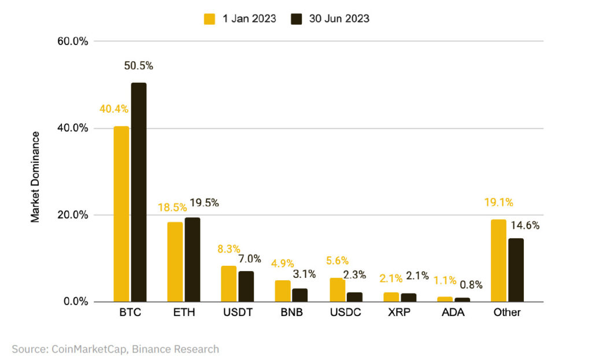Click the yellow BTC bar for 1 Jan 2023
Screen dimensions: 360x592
121,214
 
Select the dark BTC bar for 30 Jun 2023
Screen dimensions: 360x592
138,192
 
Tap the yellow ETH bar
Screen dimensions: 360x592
175,262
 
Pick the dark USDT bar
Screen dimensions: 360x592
246,287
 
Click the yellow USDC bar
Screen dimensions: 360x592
337,290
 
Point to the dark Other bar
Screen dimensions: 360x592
516,270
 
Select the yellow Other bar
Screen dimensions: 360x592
498,261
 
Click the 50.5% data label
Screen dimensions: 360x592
139,66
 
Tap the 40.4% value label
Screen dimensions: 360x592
114,109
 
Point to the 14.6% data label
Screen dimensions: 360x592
525,225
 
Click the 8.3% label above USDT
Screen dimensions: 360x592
229,249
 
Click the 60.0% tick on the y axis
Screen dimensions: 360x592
73,41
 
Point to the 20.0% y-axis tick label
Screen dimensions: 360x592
73,215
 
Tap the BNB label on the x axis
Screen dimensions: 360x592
291,313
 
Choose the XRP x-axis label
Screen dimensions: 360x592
399,313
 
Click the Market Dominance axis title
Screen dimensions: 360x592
36,177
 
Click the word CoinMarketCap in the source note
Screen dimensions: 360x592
83,349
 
